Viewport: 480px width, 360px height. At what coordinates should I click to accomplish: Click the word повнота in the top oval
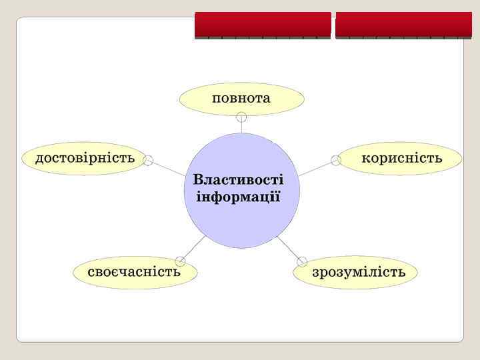[241, 99]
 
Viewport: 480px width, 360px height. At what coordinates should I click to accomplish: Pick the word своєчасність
[135, 272]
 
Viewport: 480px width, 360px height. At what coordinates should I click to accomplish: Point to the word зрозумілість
[359, 273]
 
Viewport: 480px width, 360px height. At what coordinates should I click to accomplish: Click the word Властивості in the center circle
[238, 179]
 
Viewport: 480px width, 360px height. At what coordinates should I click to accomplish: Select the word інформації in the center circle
[238, 198]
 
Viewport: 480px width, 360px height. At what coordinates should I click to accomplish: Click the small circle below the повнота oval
[242, 117]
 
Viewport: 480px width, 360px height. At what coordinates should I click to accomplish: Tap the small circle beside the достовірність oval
[149, 160]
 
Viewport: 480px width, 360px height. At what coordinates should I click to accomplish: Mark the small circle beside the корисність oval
[335, 160]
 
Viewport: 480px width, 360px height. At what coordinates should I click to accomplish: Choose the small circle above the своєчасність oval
[180, 261]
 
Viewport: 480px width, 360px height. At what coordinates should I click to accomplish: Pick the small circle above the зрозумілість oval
[301, 261]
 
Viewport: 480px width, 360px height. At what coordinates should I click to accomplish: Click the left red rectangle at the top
[263, 24]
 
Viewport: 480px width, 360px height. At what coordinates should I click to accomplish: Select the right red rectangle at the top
[403, 24]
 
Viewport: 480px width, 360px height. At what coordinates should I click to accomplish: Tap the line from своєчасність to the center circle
[194, 247]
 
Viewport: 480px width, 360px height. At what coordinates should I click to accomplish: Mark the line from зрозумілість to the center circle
[287, 247]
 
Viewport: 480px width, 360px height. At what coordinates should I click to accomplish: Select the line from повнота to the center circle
[242, 127]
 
